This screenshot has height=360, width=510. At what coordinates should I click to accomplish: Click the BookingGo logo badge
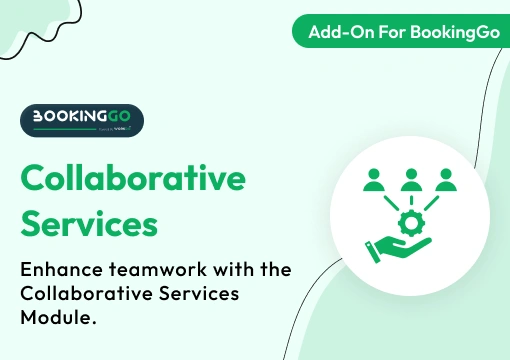point(82,120)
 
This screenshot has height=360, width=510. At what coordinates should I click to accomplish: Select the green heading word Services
point(90,223)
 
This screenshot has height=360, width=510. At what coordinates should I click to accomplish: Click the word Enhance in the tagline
point(58,269)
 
